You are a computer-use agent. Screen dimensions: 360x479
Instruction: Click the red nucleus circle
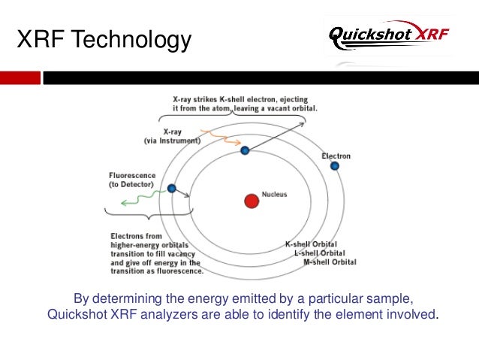tap(251, 201)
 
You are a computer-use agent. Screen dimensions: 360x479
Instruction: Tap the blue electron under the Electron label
tap(335, 165)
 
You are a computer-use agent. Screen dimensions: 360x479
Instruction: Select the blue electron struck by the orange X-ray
tap(245, 151)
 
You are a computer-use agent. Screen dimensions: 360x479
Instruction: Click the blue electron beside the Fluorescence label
tap(172, 189)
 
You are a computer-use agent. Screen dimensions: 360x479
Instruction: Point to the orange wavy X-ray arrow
tap(219, 136)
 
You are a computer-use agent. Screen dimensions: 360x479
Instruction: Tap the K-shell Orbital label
tap(310, 244)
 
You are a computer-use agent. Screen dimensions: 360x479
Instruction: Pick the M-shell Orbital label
tap(330, 262)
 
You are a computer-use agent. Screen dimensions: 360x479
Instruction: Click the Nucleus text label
tap(274, 195)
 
